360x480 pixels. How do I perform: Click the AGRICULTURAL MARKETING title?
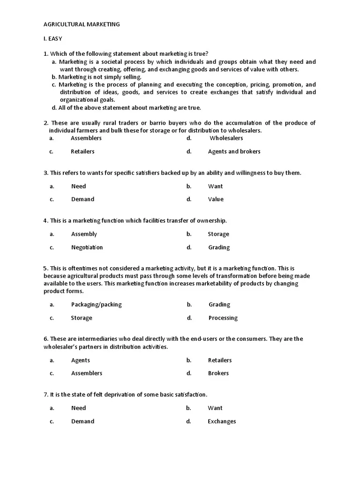82,24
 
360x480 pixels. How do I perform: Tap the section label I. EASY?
52,38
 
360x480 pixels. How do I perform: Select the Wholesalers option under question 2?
226,138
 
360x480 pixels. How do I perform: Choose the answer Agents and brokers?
234,151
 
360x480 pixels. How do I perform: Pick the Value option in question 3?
216,199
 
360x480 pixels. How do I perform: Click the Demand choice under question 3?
82,199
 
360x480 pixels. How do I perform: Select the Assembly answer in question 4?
84,234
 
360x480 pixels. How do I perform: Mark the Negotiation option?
87,247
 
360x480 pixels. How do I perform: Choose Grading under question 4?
219,247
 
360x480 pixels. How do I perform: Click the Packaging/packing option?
96,304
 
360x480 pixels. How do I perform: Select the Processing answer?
223,318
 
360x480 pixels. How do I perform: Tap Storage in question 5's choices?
82,318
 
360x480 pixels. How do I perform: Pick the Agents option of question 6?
80,360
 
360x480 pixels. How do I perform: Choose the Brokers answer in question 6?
218,373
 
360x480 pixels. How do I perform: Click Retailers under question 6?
220,360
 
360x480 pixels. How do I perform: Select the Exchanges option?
222,421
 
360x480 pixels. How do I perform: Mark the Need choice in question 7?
78,408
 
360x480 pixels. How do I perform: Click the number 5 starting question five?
45,268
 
